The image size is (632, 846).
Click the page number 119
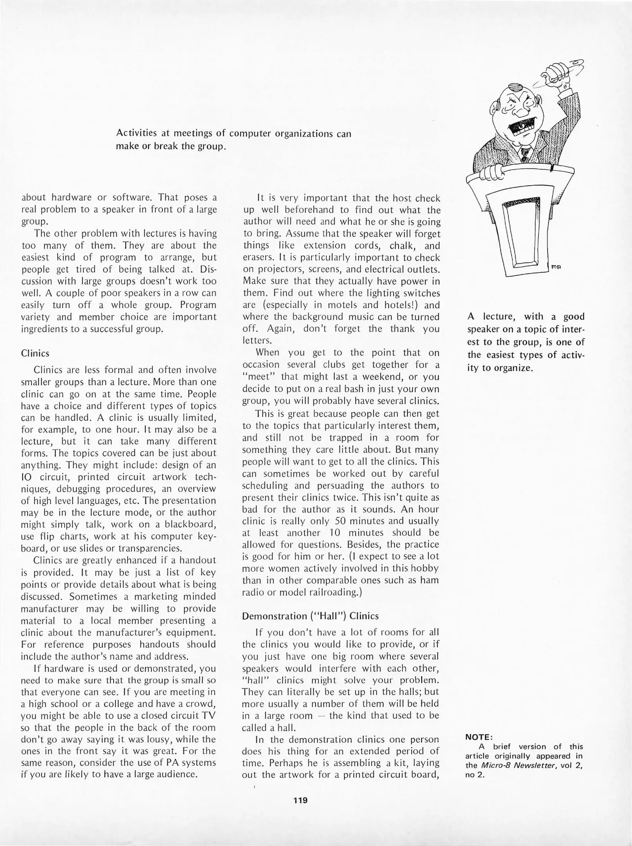click(x=301, y=800)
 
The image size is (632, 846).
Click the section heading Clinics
click(x=35, y=353)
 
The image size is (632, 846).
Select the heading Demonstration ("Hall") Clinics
click(x=310, y=616)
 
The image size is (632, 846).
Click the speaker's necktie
click(x=523, y=157)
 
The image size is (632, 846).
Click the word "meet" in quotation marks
click(x=255, y=377)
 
